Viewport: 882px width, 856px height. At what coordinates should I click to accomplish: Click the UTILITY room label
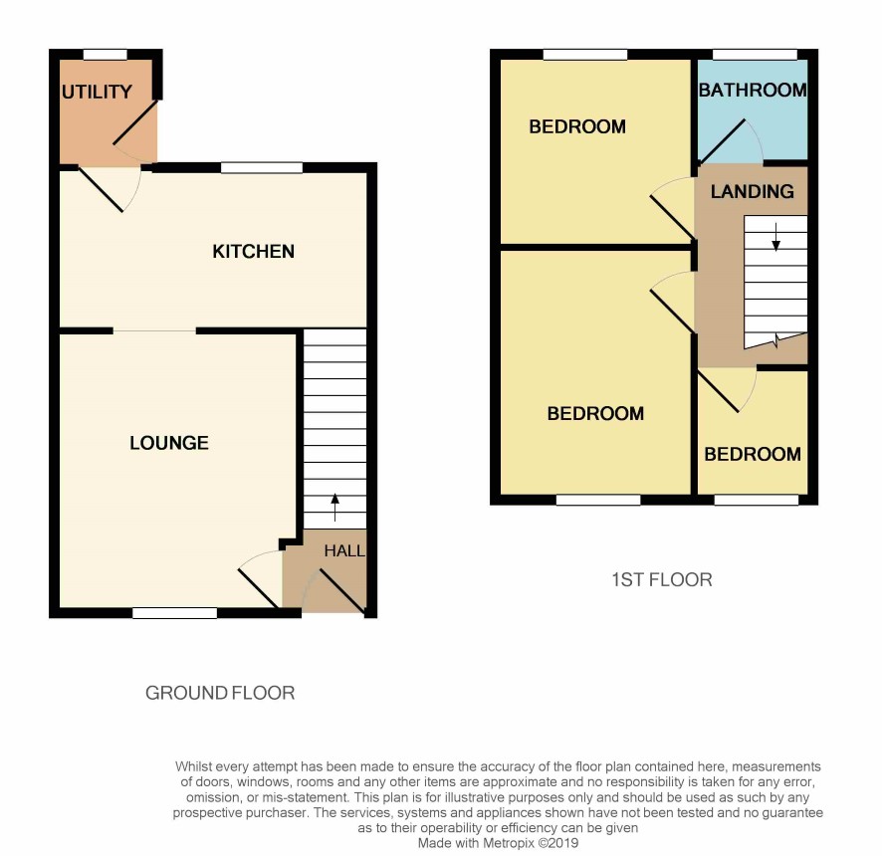(x=97, y=92)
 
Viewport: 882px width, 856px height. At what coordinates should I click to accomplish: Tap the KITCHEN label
(x=253, y=252)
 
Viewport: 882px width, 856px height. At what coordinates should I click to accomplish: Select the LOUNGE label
(x=169, y=443)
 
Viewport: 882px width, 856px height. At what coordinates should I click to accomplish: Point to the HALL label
(x=344, y=550)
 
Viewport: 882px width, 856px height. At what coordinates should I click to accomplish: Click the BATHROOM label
(x=753, y=90)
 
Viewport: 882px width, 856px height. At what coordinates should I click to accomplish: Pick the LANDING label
(x=752, y=191)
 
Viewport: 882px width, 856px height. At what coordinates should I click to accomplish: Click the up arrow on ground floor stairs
(x=335, y=507)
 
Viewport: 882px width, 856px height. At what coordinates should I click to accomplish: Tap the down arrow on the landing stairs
(x=776, y=237)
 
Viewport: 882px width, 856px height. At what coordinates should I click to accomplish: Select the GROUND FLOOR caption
(x=220, y=693)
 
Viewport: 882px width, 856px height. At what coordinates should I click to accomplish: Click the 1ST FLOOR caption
(x=662, y=580)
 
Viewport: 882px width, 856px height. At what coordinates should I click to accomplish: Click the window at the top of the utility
(x=106, y=55)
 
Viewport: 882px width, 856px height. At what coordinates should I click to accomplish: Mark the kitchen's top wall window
(x=262, y=167)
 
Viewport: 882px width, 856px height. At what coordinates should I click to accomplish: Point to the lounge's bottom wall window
(x=175, y=613)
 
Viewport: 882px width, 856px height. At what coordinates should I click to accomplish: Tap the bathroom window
(x=755, y=55)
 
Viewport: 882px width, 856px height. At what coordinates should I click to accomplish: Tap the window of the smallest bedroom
(x=757, y=500)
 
